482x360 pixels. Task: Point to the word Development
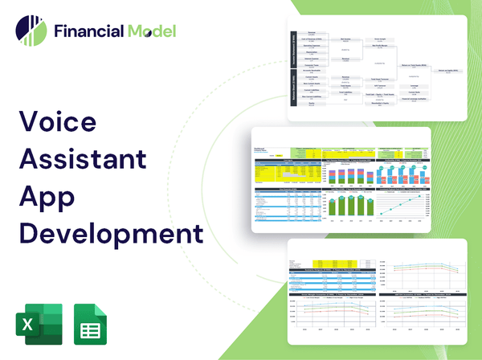point(109,233)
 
